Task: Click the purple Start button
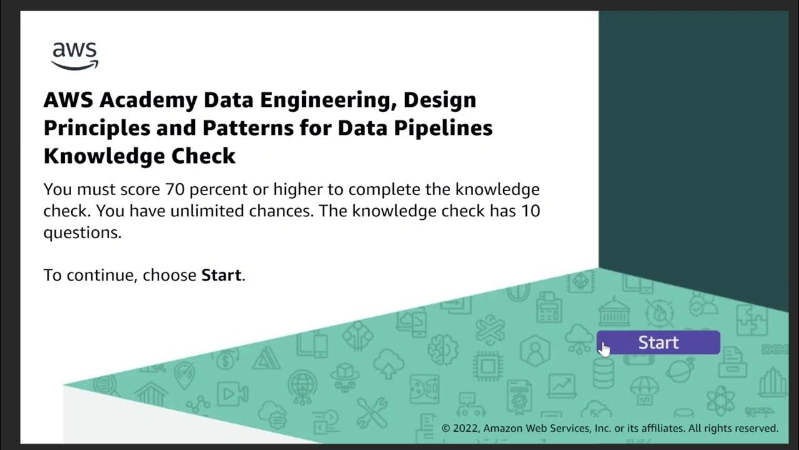tap(658, 342)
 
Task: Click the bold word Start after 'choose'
tap(221, 275)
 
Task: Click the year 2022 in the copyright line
tap(466, 428)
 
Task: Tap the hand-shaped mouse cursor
tap(604, 349)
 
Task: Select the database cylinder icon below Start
tap(604, 373)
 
